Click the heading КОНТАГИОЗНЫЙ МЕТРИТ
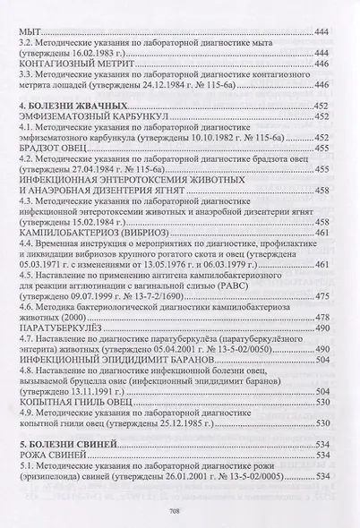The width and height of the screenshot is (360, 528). (x=73, y=64)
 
